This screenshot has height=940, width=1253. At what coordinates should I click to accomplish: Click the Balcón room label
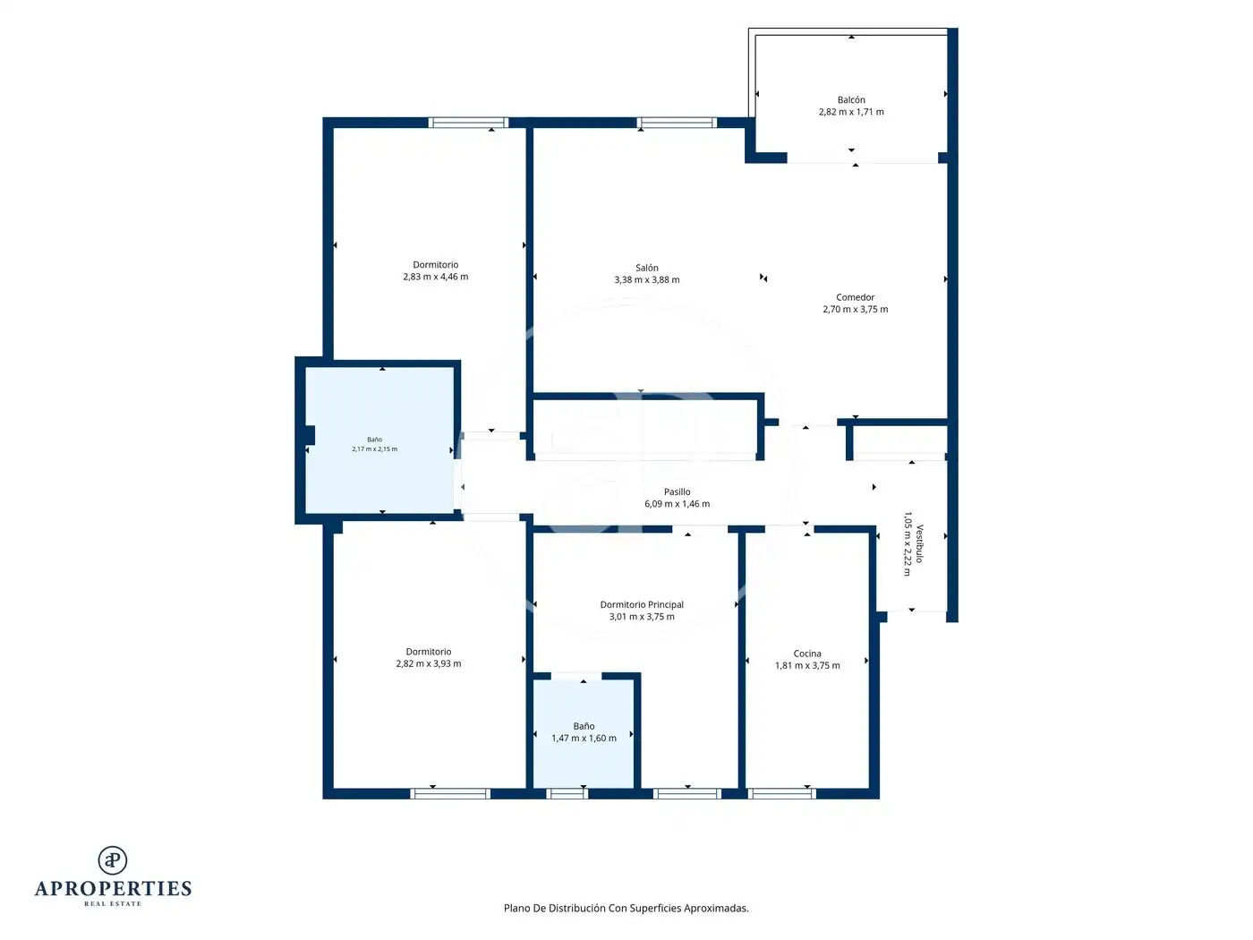click(x=850, y=100)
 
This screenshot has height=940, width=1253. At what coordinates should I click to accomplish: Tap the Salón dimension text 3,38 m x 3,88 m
click(x=647, y=279)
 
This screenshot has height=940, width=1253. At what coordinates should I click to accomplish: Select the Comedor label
click(x=855, y=297)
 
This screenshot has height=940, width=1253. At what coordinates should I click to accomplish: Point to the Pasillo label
click(x=677, y=492)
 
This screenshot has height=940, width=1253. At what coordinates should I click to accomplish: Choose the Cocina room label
click(x=807, y=654)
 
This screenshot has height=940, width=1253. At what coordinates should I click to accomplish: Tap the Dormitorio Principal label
click(x=642, y=604)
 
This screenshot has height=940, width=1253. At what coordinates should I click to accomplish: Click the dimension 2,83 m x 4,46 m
click(x=436, y=277)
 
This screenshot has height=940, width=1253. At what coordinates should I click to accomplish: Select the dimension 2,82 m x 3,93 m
click(x=429, y=663)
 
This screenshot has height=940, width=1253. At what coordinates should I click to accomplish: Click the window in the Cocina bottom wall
click(x=781, y=793)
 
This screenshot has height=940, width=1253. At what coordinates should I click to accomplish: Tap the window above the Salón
click(x=677, y=123)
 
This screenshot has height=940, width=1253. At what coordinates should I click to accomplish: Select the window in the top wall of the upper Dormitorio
click(x=468, y=123)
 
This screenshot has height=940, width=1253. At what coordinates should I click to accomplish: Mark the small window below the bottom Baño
click(x=567, y=793)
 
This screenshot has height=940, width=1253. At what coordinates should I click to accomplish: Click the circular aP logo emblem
click(x=113, y=860)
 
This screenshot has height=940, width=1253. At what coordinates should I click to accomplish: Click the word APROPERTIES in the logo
click(x=113, y=889)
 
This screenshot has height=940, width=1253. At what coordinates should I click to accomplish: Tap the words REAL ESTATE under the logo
click(x=113, y=903)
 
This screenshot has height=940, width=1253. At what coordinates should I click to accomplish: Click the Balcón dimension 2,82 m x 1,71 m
click(x=851, y=112)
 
